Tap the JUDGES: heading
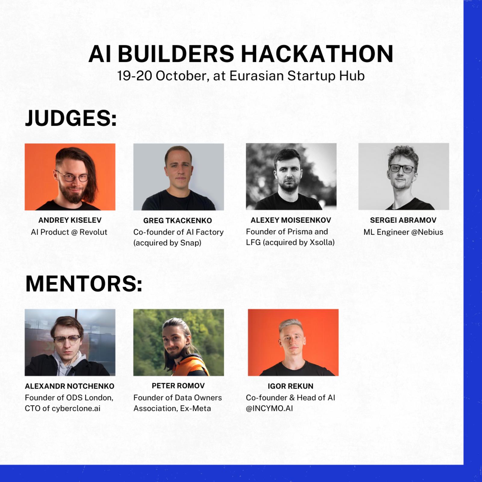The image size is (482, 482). pyautogui.click(x=71, y=118)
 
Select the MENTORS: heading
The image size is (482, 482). pyautogui.click(x=84, y=283)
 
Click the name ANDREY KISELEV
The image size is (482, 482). pyautogui.click(x=70, y=220)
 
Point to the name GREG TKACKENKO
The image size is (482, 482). pyautogui.click(x=177, y=221)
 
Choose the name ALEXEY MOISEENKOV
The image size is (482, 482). pyautogui.click(x=291, y=220)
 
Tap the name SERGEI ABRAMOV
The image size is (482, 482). pyautogui.click(x=403, y=220)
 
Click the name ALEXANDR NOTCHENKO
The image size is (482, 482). pyautogui.click(x=70, y=386)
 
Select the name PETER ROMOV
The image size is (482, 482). pyautogui.click(x=178, y=386)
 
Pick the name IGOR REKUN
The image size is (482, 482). pyautogui.click(x=290, y=386)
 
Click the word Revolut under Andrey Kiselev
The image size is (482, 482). pyautogui.click(x=93, y=232)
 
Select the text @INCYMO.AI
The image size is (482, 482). pyautogui.click(x=269, y=408)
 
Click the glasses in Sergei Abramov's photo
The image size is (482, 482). pyautogui.click(x=402, y=168)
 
